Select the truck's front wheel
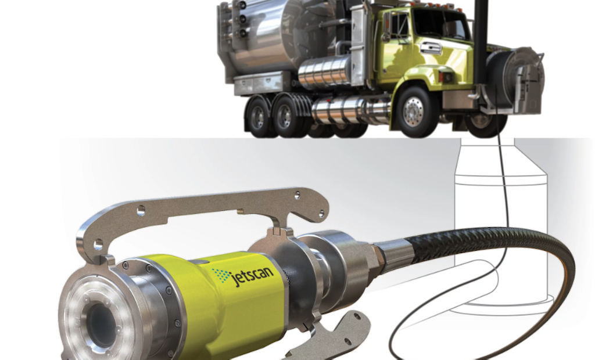pyautogui.click(x=413, y=111)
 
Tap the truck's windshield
pyautogui.click(x=440, y=24)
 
